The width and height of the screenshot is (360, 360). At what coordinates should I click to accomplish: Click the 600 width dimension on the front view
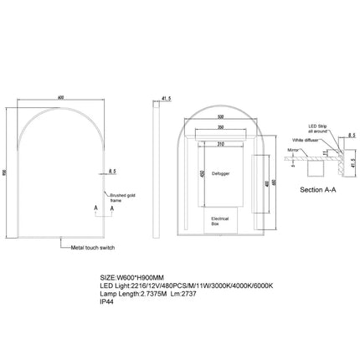point(60,95)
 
